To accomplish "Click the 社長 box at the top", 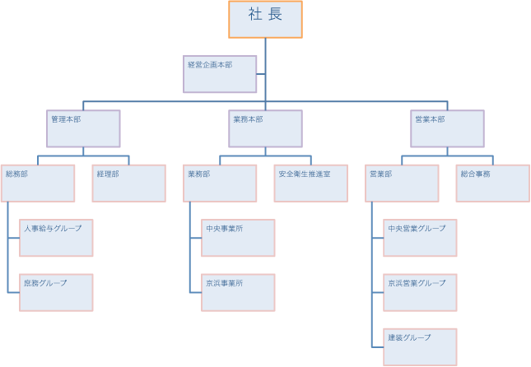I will (265, 20).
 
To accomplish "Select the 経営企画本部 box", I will (220, 74).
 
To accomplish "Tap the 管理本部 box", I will (84, 128).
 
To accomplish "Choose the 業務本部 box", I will (265, 128).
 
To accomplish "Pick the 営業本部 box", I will (447, 128).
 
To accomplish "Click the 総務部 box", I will (38, 183).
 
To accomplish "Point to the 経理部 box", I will (129, 183).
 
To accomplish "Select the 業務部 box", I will (220, 183).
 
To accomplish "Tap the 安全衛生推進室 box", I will (310, 183).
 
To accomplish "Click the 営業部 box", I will (402, 183).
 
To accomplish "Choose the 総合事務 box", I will (492, 183).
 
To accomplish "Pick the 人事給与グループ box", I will (56, 238).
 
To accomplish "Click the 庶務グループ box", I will (56, 292).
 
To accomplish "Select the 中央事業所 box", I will (238, 238).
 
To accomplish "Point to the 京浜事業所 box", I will (238, 292).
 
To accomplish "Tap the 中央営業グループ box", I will (420, 238).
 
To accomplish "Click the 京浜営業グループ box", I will (420, 292).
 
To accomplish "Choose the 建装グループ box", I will (420, 346).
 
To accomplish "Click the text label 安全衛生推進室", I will (304, 174).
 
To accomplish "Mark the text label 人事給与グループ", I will (53, 228).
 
